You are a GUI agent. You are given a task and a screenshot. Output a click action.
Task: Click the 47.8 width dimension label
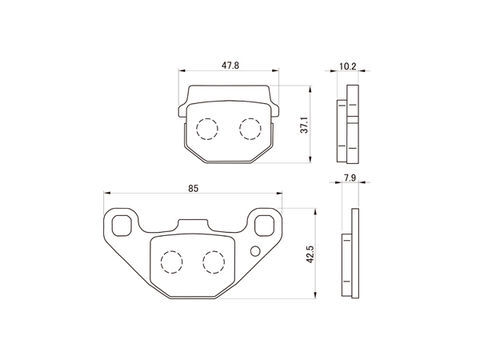(230, 65)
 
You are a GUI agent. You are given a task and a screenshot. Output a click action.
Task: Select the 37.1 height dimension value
(304, 125)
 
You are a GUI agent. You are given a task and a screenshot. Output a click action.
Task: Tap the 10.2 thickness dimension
(348, 66)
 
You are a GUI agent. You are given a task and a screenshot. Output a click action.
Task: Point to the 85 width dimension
(193, 188)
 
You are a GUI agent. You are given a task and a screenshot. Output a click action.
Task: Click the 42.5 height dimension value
(310, 254)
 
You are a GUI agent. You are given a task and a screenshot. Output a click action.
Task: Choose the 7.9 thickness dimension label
(350, 178)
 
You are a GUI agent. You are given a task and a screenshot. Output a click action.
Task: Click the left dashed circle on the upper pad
(207, 129)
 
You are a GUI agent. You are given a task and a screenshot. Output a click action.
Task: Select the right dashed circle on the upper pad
(250, 129)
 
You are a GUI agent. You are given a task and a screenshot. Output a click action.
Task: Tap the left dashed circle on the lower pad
(172, 262)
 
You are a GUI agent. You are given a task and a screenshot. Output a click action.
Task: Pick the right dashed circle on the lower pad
(213, 262)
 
